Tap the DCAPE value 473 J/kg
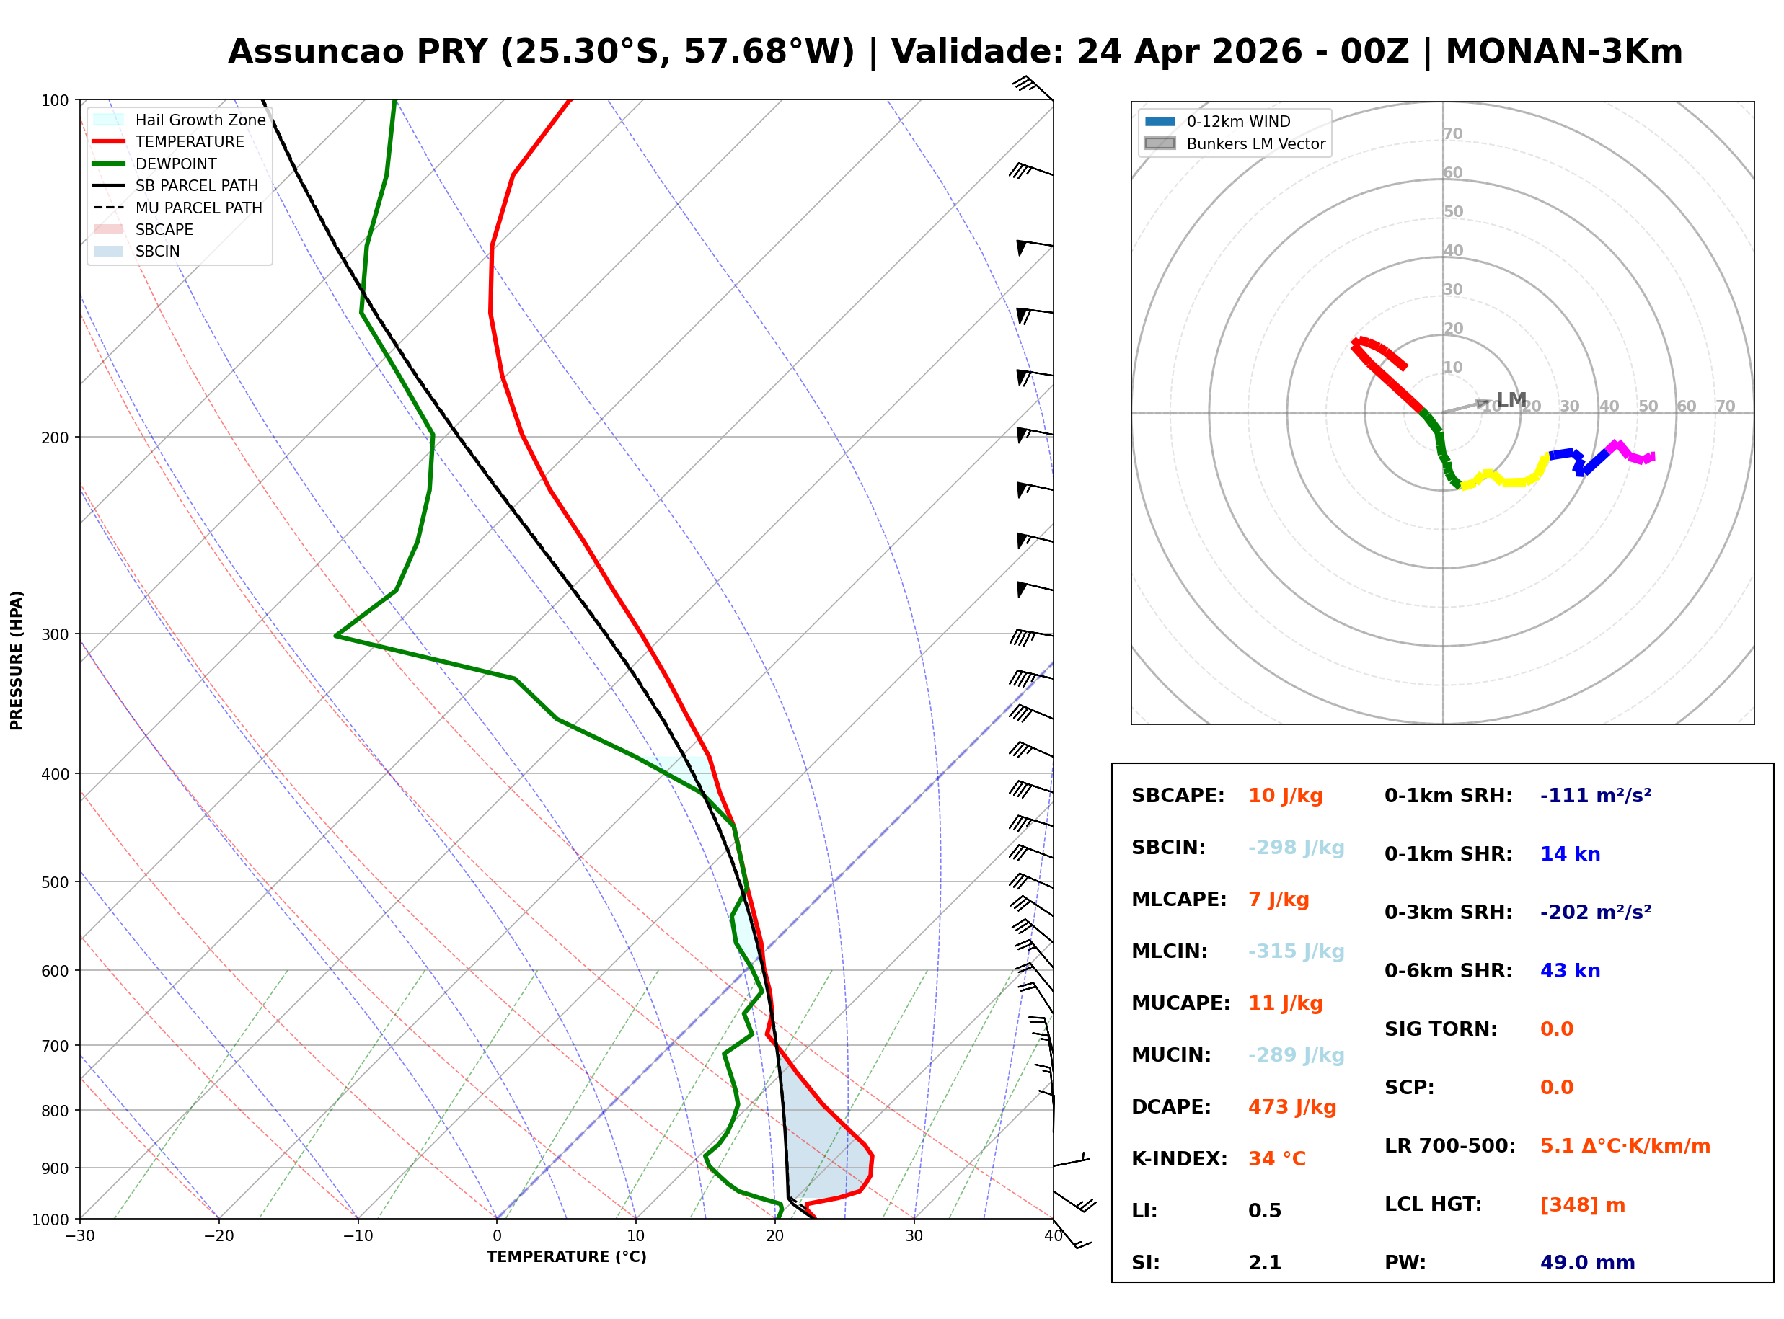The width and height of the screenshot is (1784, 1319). tap(1291, 1106)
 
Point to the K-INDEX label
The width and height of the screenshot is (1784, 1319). tap(1179, 1158)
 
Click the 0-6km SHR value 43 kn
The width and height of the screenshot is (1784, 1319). tap(1569, 971)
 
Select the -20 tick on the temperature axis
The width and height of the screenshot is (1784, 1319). tap(218, 1236)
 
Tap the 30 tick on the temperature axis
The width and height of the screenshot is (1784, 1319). tap(914, 1236)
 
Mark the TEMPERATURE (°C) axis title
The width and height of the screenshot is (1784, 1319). tap(566, 1257)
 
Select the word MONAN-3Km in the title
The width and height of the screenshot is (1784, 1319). tap(1563, 52)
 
